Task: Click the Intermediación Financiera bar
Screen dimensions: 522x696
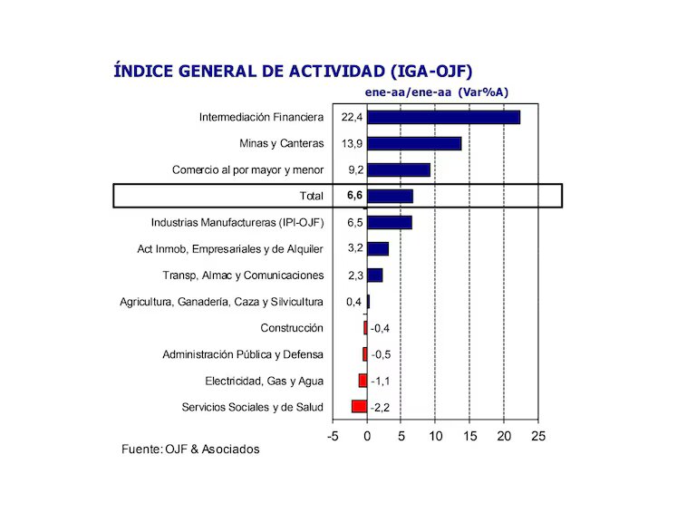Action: click(443, 117)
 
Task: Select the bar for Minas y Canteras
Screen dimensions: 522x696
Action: click(414, 143)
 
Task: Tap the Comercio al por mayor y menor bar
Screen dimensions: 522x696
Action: click(398, 169)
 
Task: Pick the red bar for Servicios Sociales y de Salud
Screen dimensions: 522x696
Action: click(360, 407)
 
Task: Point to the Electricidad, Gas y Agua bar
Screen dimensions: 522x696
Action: click(362, 381)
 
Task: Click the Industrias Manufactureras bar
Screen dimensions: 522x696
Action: click(389, 222)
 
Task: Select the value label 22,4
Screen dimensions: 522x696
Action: click(352, 118)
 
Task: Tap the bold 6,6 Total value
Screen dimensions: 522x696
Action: click(354, 196)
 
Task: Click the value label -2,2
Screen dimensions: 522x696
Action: click(382, 407)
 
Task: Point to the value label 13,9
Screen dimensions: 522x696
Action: click(352, 144)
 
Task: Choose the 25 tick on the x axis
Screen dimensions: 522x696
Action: click(538, 437)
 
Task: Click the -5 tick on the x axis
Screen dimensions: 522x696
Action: click(333, 437)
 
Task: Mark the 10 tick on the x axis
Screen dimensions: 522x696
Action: click(436, 437)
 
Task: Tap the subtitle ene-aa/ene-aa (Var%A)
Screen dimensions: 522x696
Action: click(436, 92)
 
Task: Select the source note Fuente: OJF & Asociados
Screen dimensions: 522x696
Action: click(190, 449)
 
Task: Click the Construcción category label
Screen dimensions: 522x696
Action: click(292, 328)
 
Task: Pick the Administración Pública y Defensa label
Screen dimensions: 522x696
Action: click(243, 354)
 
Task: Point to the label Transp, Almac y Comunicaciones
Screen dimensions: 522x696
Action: click(243, 275)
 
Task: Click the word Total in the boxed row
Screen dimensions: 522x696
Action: click(311, 196)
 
